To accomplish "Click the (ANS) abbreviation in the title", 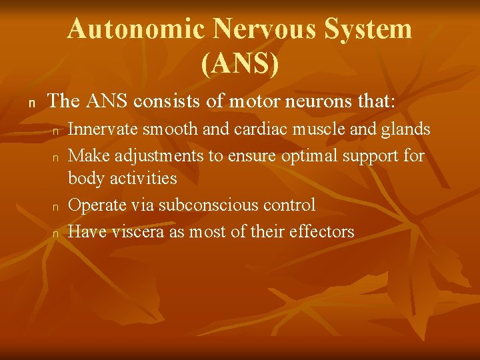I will (239, 64).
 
